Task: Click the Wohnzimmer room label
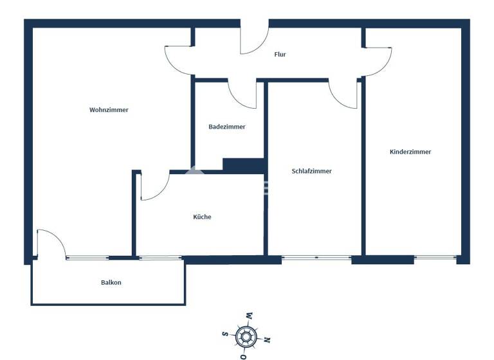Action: [x=109, y=110]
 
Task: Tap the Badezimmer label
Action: [x=226, y=127]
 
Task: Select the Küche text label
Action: [x=202, y=217]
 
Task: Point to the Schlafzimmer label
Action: [x=311, y=171]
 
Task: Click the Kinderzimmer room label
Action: [x=410, y=152]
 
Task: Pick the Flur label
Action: [x=280, y=55]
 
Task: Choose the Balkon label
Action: [x=111, y=282]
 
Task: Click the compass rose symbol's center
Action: [x=245, y=336]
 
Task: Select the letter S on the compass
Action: [x=224, y=334]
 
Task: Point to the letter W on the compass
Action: [x=248, y=315]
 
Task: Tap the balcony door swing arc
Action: [x=51, y=243]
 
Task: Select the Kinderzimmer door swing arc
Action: [x=379, y=60]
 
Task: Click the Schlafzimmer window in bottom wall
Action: [x=316, y=258]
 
